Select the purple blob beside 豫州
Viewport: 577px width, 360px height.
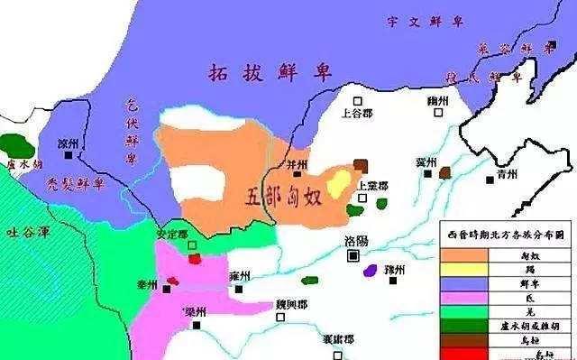tap(369, 270)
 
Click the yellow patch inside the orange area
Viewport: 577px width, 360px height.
tap(338, 183)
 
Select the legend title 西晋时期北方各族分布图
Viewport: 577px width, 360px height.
tap(508, 235)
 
